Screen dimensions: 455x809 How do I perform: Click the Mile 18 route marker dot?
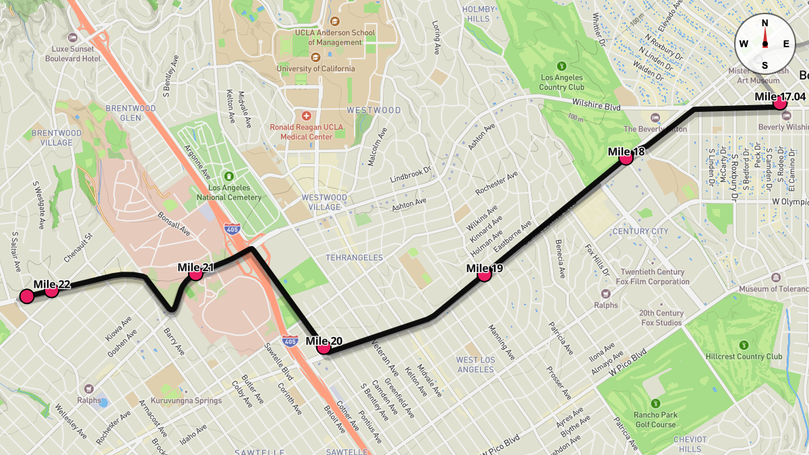tap(626, 158)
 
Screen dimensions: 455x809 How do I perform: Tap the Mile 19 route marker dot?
tap(483, 274)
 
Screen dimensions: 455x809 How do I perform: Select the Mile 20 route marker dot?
tap(324, 348)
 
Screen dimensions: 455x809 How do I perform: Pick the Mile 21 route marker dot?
tap(196, 274)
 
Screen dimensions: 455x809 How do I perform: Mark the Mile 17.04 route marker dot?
tap(781, 103)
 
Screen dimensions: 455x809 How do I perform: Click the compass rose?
tap(765, 44)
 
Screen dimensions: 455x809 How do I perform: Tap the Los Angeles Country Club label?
tap(562, 82)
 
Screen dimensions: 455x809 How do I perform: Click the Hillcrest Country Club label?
tap(744, 356)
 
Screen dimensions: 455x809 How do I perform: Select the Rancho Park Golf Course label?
tap(654, 419)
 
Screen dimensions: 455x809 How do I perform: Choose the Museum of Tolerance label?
tap(773, 289)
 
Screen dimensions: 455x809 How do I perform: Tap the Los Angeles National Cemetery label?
tap(229, 192)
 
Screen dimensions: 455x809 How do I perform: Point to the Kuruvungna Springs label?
tap(185, 400)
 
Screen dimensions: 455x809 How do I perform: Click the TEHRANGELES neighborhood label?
tap(354, 257)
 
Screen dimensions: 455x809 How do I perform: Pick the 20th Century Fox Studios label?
tap(661, 317)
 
